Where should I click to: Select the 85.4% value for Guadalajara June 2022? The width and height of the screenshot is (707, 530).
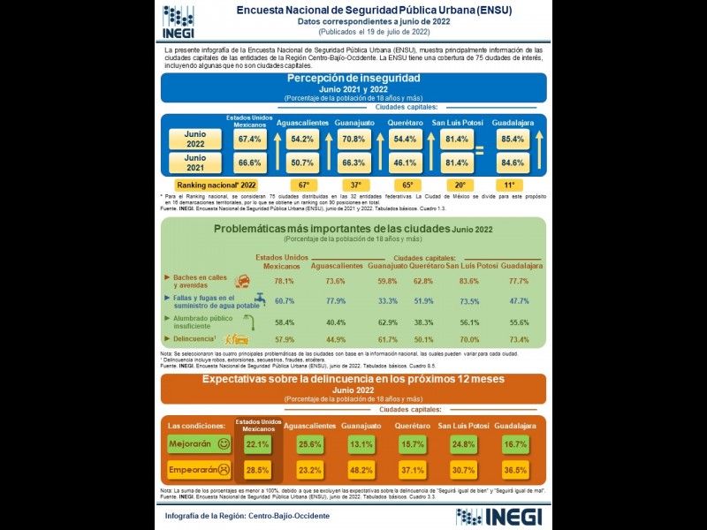pyautogui.click(x=512, y=140)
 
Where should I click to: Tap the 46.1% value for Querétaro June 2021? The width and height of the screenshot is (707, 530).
pyautogui.click(x=406, y=163)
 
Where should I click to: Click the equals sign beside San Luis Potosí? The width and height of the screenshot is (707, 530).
pyautogui.click(x=480, y=151)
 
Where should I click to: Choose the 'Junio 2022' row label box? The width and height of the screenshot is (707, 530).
pyautogui.click(x=195, y=139)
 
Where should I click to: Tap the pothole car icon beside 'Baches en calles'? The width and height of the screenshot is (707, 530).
pyautogui.click(x=242, y=281)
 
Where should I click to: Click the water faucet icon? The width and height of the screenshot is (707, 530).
pyautogui.click(x=260, y=300)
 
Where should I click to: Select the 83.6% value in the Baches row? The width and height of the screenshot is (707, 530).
pyautogui.click(x=470, y=281)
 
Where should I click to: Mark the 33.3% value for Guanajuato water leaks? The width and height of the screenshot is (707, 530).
pyautogui.click(x=387, y=301)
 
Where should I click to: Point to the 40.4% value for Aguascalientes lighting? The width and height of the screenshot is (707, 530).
pyautogui.click(x=336, y=322)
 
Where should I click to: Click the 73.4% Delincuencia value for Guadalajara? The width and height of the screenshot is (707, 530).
pyautogui.click(x=520, y=339)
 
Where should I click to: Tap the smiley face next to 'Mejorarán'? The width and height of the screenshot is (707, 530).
pyautogui.click(x=224, y=443)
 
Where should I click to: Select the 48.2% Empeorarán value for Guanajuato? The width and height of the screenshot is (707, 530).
pyautogui.click(x=361, y=469)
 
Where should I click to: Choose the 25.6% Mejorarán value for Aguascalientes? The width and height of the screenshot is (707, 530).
pyautogui.click(x=309, y=443)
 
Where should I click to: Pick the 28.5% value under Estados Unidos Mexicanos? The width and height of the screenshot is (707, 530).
pyautogui.click(x=257, y=469)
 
